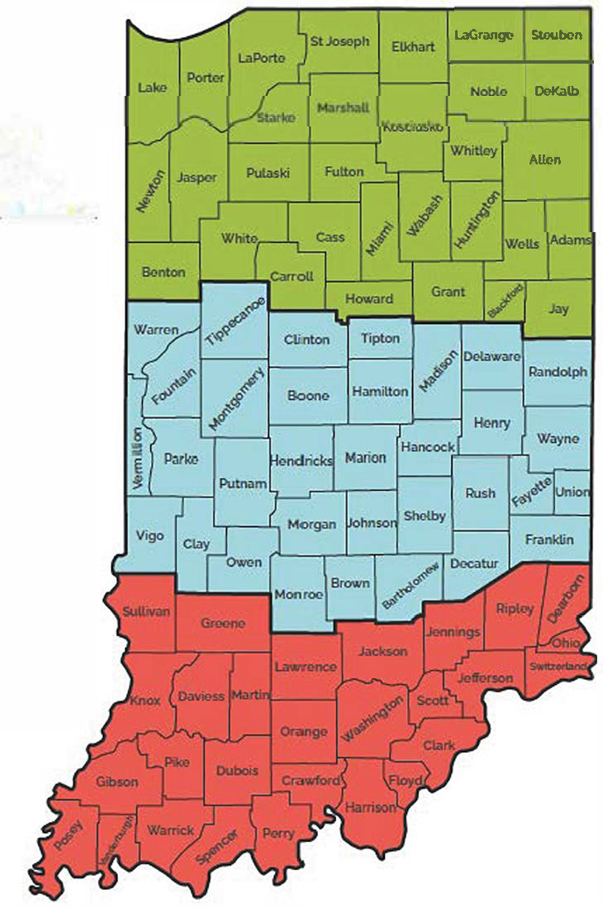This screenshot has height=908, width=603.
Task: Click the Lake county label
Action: [152, 87]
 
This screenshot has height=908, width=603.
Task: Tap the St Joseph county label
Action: [339, 41]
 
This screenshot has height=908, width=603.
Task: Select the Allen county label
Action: [545, 159]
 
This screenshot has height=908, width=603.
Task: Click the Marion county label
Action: [365, 458]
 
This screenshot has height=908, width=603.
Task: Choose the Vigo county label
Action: [150, 535]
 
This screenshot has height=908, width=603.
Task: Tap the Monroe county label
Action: [297, 592]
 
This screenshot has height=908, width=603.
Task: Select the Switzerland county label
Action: [558, 666]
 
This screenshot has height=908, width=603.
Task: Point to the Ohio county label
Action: [566, 643]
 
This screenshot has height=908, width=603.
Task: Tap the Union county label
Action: [572, 492]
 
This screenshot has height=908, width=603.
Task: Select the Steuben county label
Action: [557, 35]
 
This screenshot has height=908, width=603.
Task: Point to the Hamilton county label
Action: [380, 392]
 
